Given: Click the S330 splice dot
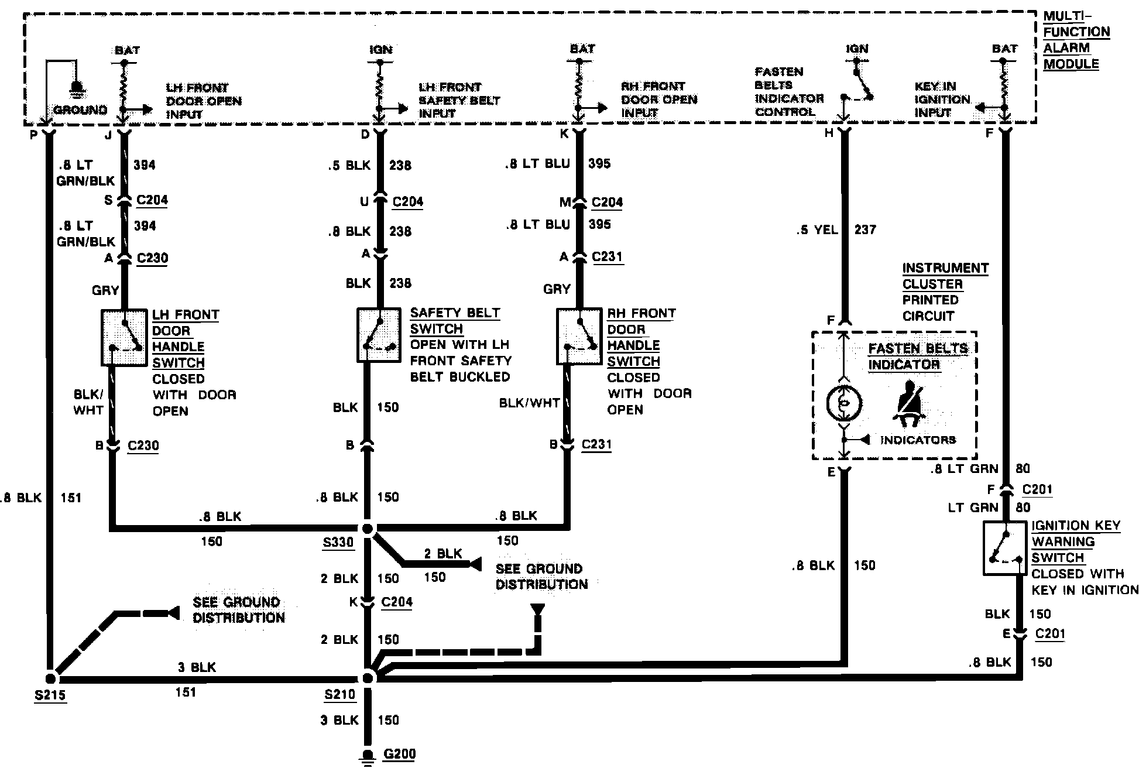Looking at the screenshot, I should (368, 529).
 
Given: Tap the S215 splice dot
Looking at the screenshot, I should (50, 678).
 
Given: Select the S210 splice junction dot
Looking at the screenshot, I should (368, 678).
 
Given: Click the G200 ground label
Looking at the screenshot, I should (399, 753).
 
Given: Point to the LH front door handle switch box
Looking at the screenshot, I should (124, 338).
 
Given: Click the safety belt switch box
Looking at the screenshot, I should (379, 335).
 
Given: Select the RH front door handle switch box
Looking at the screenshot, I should (579, 337).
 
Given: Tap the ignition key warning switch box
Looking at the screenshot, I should (1005, 547).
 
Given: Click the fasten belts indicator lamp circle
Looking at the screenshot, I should (843, 403).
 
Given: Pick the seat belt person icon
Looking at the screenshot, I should (910, 404).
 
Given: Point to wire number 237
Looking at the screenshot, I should (864, 229).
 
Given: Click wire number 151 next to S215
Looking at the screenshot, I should (186, 692).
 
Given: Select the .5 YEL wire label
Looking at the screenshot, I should (817, 229).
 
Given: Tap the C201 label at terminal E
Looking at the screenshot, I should (1050, 634).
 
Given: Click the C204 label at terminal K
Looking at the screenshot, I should (396, 602).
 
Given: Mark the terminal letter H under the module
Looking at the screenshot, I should (828, 133).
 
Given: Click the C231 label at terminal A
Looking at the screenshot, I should (607, 256).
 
